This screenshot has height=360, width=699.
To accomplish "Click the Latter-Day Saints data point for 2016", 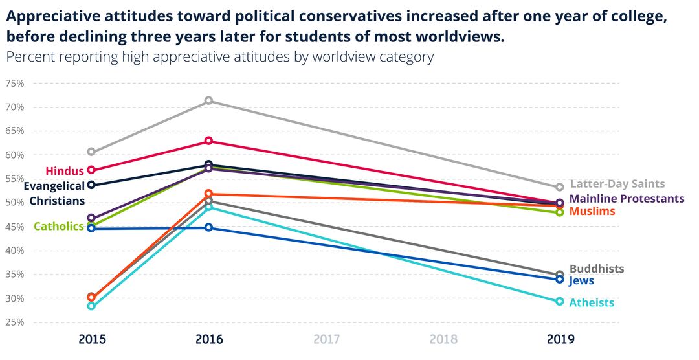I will [x=208, y=101].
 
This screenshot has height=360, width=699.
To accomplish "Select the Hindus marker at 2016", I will [x=208, y=141].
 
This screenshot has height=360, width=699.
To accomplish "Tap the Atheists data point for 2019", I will [x=560, y=302].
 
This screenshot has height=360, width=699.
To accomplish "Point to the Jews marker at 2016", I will [x=208, y=228].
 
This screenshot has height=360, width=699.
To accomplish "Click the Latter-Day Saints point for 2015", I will [x=91, y=152].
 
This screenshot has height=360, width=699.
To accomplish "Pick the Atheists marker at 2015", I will [x=91, y=306].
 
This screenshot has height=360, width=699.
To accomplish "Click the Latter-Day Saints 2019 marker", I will [x=560, y=187].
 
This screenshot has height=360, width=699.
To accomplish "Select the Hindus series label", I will [x=65, y=171].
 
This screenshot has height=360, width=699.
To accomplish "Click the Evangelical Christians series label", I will [x=56, y=193].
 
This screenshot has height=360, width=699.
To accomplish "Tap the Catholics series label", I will [x=58, y=226].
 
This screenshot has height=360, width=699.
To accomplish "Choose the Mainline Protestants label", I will [x=627, y=199].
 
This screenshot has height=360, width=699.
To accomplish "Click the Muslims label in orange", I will [x=592, y=211].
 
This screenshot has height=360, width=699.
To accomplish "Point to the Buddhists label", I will [x=597, y=269].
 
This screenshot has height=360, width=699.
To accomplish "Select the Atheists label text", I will [x=592, y=303].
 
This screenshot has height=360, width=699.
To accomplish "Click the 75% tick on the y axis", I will [x=14, y=84].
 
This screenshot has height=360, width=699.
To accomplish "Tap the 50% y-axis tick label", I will [x=14, y=203].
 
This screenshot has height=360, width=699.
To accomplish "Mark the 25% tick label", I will [x=14, y=322].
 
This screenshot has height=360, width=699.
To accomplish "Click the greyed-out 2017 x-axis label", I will [x=326, y=339].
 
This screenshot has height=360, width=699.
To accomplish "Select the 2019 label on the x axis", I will [x=560, y=339].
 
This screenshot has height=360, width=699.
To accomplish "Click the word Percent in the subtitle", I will [x=30, y=57].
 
